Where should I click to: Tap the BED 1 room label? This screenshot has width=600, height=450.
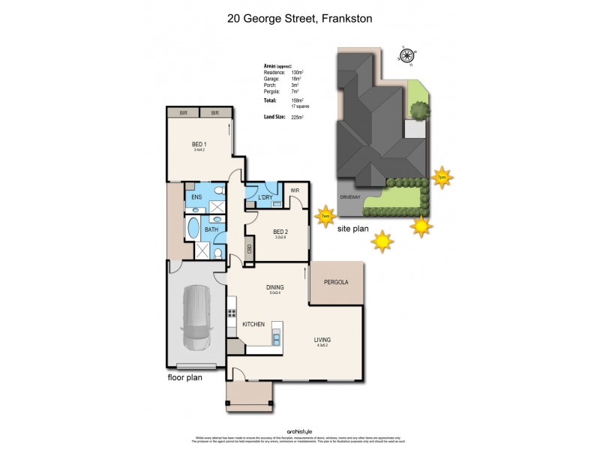[x=199, y=144]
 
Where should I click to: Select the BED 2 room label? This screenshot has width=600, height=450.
[x=281, y=232]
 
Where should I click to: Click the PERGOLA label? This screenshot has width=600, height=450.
[x=337, y=282]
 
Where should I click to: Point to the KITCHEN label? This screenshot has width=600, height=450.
[x=253, y=323]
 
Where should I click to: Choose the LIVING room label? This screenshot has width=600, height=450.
[x=322, y=340]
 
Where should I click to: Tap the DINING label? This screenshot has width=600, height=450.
[x=275, y=287]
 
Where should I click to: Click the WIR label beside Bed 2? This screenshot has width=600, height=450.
[x=295, y=190]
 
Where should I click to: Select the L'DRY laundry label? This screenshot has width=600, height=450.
[x=265, y=198]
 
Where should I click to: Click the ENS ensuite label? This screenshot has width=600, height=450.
[x=196, y=197]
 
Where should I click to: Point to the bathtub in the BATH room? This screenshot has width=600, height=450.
[x=194, y=229]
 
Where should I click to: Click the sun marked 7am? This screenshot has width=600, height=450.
[x=325, y=215]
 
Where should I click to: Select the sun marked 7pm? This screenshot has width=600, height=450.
[x=442, y=177]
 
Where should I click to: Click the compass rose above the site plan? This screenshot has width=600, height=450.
[x=407, y=55]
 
